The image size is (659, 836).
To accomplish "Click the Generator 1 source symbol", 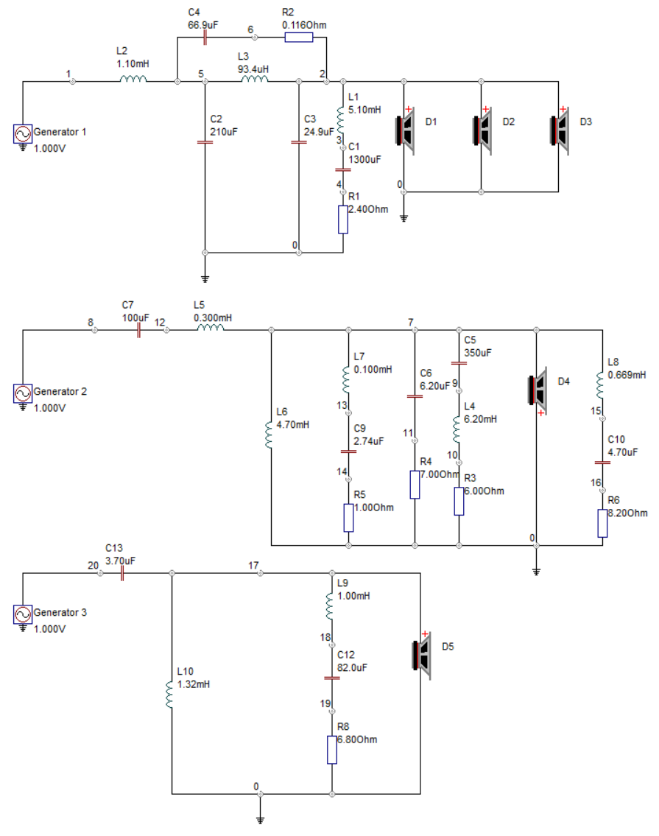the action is (x=22, y=134).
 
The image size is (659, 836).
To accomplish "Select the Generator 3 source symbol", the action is (x=22, y=614).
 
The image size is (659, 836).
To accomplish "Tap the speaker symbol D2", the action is (x=482, y=130).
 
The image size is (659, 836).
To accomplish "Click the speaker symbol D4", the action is (x=538, y=390).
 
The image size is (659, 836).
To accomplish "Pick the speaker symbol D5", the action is (x=422, y=656).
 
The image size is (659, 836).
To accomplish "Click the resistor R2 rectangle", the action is (x=299, y=38).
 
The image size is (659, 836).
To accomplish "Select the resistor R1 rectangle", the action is (x=343, y=219).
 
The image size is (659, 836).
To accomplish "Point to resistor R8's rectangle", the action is (x=331, y=750).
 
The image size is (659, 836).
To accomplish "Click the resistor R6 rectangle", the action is (x=602, y=523).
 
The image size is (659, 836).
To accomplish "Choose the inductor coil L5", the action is (x=211, y=327).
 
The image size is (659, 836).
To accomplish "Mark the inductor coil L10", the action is (x=169, y=694).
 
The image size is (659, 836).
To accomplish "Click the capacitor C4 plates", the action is (x=205, y=38).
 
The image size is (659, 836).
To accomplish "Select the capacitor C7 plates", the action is (x=138, y=330).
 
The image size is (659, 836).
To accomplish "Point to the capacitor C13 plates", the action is (x=122, y=573).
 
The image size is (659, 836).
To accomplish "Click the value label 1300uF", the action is (x=364, y=159).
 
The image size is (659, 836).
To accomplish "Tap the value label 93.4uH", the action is (x=253, y=69).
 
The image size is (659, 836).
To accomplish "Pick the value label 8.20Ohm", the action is (x=627, y=513).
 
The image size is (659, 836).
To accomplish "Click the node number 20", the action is (x=94, y=566).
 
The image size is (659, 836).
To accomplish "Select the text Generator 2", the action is (x=60, y=391).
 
